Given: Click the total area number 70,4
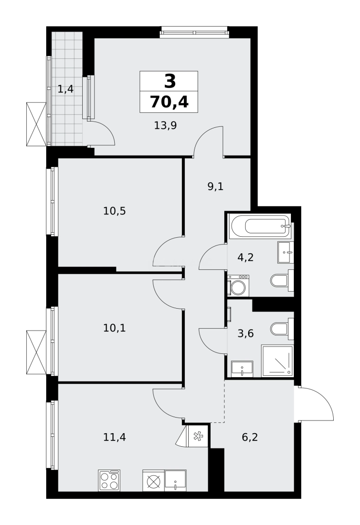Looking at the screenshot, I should pos(169,102).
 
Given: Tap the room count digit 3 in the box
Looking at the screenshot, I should pos(169,81).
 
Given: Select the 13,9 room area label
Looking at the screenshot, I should pos(165,125).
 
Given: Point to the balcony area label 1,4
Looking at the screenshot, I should pos(65,89).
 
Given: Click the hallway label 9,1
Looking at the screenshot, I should pos(216,186).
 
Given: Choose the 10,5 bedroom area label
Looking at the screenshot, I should pos(114,211).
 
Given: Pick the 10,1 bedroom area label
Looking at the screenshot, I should pos(114,328).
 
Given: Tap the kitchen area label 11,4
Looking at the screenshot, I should pos(114,437).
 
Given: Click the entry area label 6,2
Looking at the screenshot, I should pos(250,437).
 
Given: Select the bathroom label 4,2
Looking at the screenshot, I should pos(245,258).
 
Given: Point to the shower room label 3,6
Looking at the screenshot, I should pos(245,333).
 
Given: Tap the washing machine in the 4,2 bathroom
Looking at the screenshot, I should pos(238,286).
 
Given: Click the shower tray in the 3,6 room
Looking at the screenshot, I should pos(277,361).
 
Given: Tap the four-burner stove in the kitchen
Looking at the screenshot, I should pos(109,480).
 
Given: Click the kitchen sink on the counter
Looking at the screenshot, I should pos(175,480).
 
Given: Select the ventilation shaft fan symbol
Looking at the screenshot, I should pos(198,436).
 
